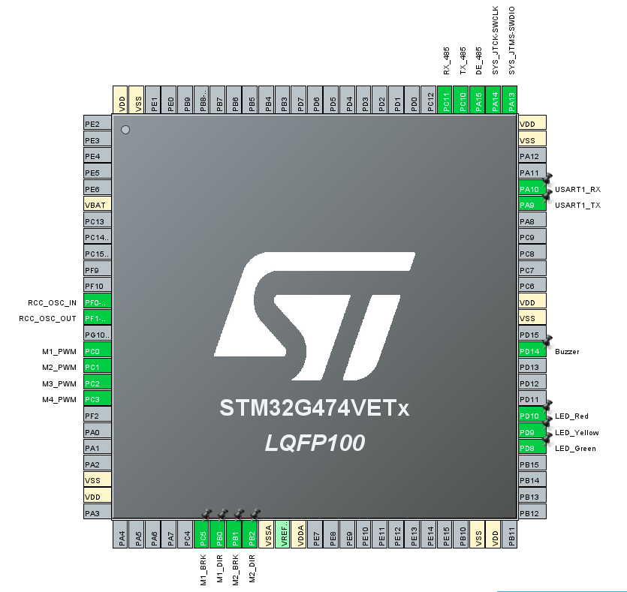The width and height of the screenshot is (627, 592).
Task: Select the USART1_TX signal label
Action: (577, 205)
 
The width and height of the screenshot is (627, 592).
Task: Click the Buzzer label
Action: (567, 351)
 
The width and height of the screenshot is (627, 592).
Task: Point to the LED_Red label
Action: (571, 416)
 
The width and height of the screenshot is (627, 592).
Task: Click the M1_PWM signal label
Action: (59, 351)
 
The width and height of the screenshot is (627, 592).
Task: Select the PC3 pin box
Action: (98, 399)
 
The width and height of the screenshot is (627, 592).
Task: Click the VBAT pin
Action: (98, 205)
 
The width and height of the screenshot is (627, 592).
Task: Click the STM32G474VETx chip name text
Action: (315, 407)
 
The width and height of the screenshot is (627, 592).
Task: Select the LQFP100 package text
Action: (315, 443)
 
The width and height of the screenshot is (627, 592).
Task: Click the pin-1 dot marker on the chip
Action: (125, 130)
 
